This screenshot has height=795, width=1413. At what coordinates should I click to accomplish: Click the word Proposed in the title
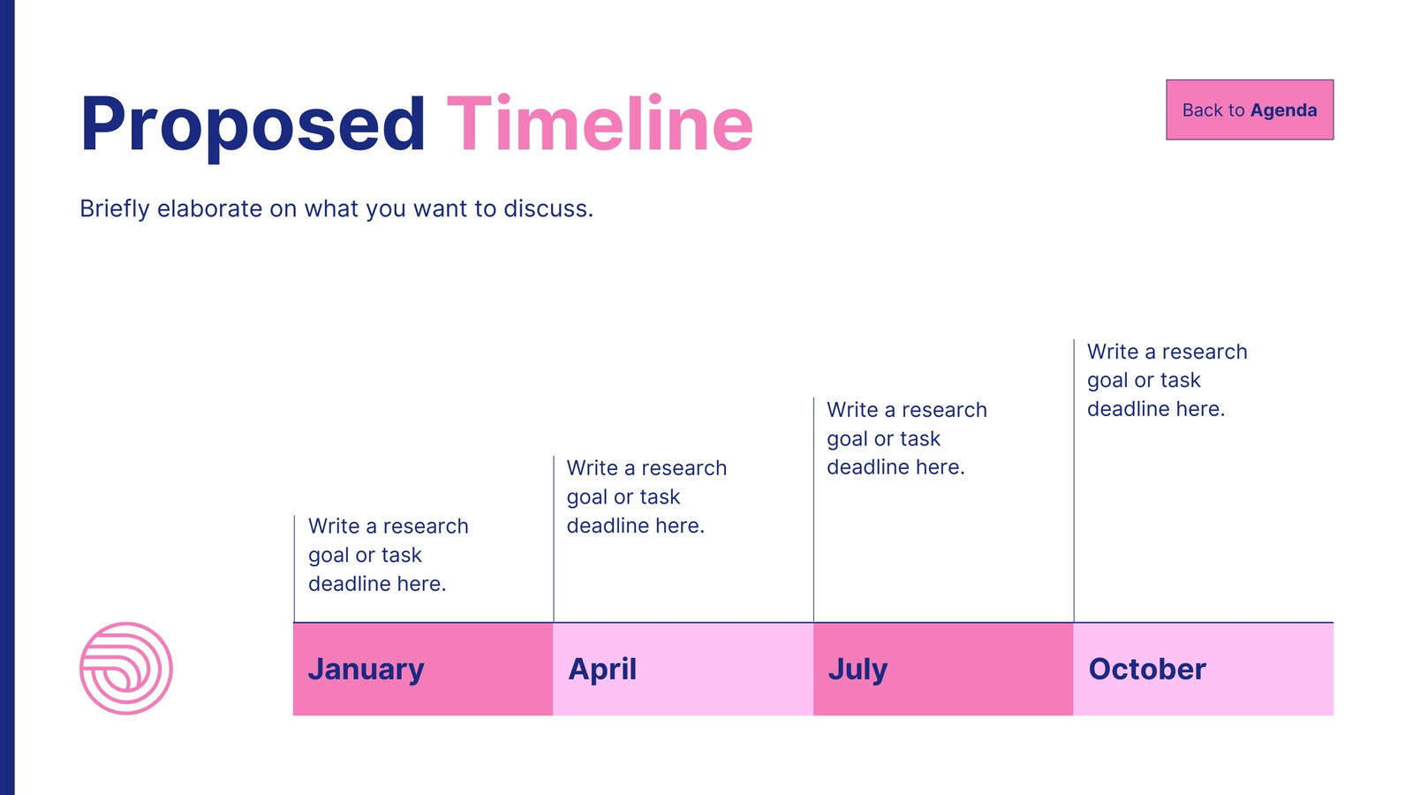pyautogui.click(x=253, y=125)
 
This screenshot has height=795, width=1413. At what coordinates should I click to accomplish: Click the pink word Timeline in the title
pyautogui.click(x=600, y=123)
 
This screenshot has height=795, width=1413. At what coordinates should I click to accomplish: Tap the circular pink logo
pyautogui.click(x=126, y=668)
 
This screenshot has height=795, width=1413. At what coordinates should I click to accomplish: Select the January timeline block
pyautogui.click(x=423, y=669)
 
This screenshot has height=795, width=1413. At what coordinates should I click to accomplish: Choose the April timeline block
pyautogui.click(x=684, y=669)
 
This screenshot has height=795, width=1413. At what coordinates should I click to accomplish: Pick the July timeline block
pyautogui.click(x=943, y=669)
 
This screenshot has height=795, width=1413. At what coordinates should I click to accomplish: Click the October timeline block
pyautogui.click(x=1204, y=669)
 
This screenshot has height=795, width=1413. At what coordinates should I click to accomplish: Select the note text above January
pyautogui.click(x=388, y=555)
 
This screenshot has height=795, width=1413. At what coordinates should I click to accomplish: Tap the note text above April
pyautogui.click(x=646, y=496)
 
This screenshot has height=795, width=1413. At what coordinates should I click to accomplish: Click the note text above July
pyautogui.click(x=906, y=438)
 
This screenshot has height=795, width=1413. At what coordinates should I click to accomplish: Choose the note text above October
pyautogui.click(x=1167, y=380)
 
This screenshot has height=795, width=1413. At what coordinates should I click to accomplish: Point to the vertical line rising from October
pyautogui.click(x=1074, y=481)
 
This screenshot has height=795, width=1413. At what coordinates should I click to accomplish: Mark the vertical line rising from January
pyautogui.click(x=294, y=569)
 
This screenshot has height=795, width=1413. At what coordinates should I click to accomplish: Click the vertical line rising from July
pyautogui.click(x=813, y=510)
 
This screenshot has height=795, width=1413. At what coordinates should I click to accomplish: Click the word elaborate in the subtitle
pyautogui.click(x=209, y=208)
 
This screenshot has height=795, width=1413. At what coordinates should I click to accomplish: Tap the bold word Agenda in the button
pyautogui.click(x=1284, y=110)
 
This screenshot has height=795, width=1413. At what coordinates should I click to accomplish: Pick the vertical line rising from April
pyautogui.click(x=554, y=539)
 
